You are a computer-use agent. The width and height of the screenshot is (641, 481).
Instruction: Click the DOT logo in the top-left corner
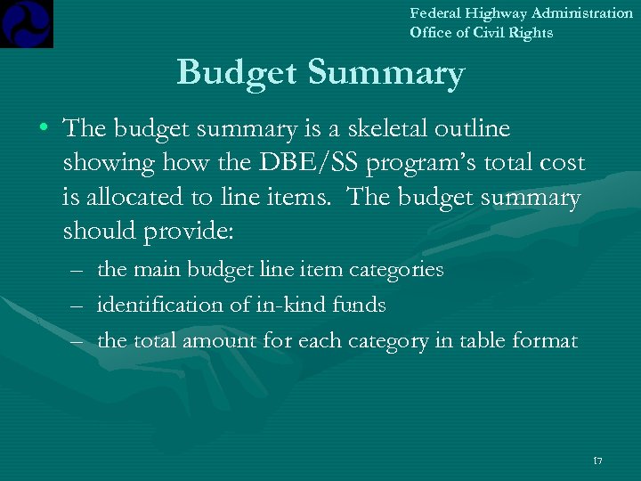coord(27,23)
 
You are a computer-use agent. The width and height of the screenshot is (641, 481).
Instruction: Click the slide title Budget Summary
coord(320,73)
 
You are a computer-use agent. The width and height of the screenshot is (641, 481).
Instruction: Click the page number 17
coord(596,461)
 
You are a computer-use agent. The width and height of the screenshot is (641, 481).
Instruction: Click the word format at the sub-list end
coord(546,341)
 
